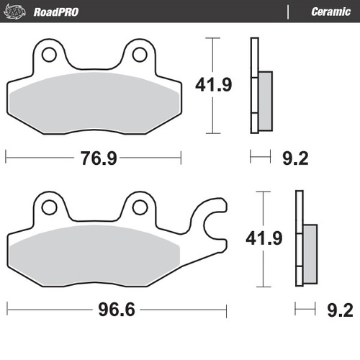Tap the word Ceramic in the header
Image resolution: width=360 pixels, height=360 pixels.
click(330, 12)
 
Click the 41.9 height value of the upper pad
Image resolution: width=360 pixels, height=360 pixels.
click(213, 85)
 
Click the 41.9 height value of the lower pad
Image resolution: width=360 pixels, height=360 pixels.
click(266, 237)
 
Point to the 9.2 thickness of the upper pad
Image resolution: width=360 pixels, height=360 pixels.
click(294, 158)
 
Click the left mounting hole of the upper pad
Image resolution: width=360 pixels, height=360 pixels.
click(48, 55)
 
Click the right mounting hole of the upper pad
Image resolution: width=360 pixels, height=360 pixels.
click(140, 55)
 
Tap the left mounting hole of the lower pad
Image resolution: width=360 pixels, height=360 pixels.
click(49, 207)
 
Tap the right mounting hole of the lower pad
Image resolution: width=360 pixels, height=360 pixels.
click(140, 207)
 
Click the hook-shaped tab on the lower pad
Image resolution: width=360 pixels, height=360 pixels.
click(215, 219)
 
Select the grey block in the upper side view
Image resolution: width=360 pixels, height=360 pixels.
click(265, 100)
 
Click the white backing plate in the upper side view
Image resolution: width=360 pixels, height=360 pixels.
click(253, 86)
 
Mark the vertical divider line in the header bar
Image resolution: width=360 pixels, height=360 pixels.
click(288, 12)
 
